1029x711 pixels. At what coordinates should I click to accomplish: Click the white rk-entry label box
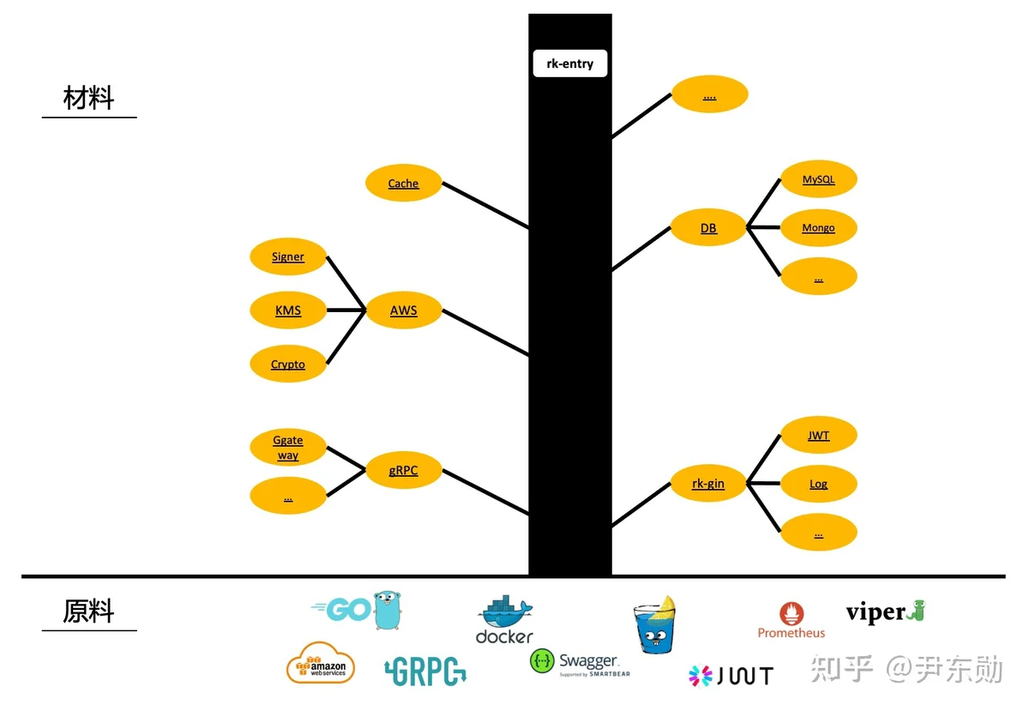569,63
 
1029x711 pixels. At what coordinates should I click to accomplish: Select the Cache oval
403,183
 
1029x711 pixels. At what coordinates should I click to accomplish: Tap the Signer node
288,256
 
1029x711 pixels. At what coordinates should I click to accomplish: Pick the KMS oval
288,310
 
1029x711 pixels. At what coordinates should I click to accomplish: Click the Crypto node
288,364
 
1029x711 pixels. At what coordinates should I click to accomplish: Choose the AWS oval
403,310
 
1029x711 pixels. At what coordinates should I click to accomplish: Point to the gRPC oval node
403,470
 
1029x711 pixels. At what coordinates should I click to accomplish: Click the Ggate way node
288,447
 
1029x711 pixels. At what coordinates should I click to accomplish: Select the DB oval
708,227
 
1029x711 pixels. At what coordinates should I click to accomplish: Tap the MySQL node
819,178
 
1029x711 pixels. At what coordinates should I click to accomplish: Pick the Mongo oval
819,227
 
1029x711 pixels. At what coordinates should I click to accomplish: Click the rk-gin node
708,483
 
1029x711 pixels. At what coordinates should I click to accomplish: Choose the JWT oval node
819,435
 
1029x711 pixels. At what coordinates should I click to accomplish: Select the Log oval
819,484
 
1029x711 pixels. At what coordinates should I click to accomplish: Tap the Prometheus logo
791,620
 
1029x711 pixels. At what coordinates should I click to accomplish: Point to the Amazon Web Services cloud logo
321,663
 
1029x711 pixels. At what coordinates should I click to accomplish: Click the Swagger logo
580,663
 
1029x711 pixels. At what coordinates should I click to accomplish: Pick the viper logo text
876,612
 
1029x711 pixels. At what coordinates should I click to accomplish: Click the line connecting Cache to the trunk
485,206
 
